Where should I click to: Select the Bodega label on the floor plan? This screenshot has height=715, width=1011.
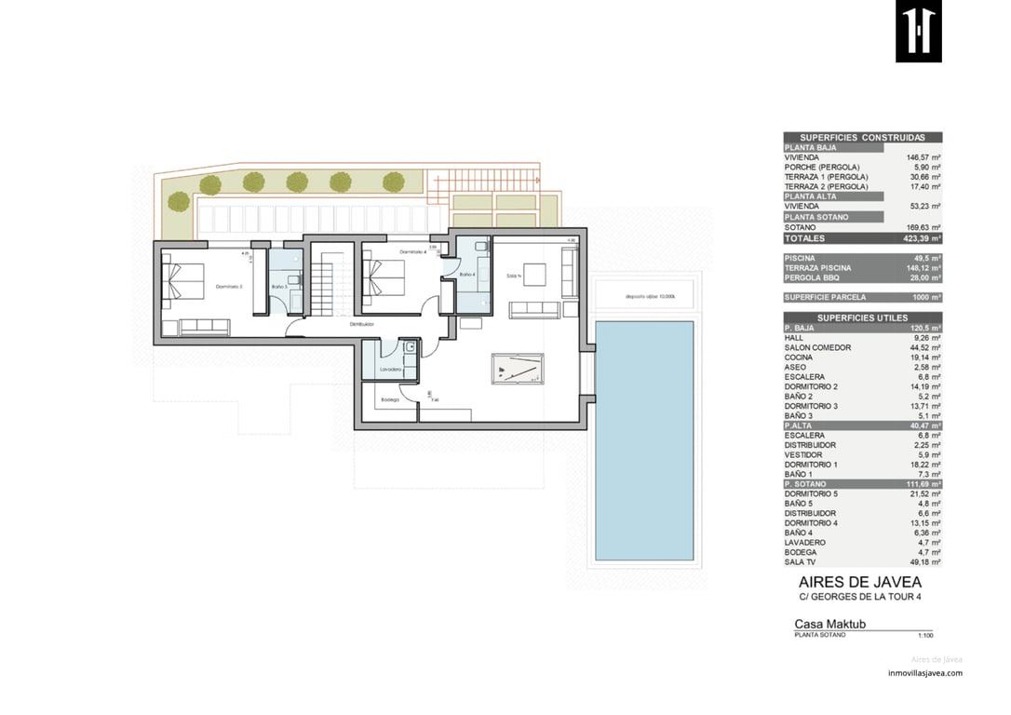tap(390, 400)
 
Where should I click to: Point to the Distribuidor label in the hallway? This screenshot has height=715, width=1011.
tap(362, 324)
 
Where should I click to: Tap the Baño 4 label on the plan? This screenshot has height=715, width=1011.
tap(467, 275)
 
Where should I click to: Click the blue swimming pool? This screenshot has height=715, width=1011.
tap(644, 439)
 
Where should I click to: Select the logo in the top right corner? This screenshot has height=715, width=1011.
tap(918, 32)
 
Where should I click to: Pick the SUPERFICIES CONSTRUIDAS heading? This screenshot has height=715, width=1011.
tap(862, 137)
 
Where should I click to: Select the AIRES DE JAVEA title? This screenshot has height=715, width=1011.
tap(860, 582)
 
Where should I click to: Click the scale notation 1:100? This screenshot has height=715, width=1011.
tap(924, 635)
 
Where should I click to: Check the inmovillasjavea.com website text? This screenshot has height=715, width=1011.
tap(924, 673)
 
